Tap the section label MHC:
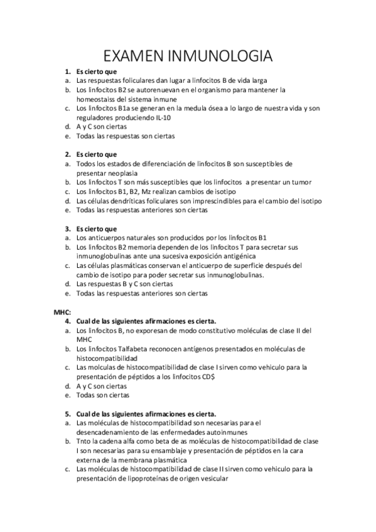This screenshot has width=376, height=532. pos(62,311)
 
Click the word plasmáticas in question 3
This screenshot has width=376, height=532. pos(125,265)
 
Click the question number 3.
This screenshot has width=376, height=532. pos(68,228)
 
